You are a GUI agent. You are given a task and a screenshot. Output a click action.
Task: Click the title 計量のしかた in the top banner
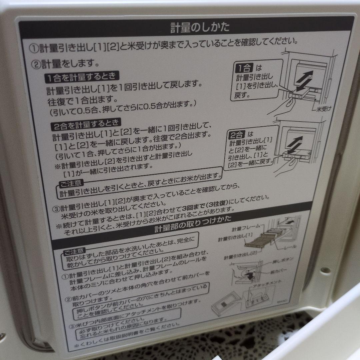click(x=200, y=27)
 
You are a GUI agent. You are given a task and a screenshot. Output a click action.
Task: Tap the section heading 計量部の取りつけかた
click(x=193, y=225)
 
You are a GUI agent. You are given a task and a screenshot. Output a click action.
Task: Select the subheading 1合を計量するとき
click(x=82, y=77)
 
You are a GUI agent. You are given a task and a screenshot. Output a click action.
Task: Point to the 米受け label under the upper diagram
click(x=322, y=109)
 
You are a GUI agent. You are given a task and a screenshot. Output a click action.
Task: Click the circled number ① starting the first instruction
click(x=34, y=49)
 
